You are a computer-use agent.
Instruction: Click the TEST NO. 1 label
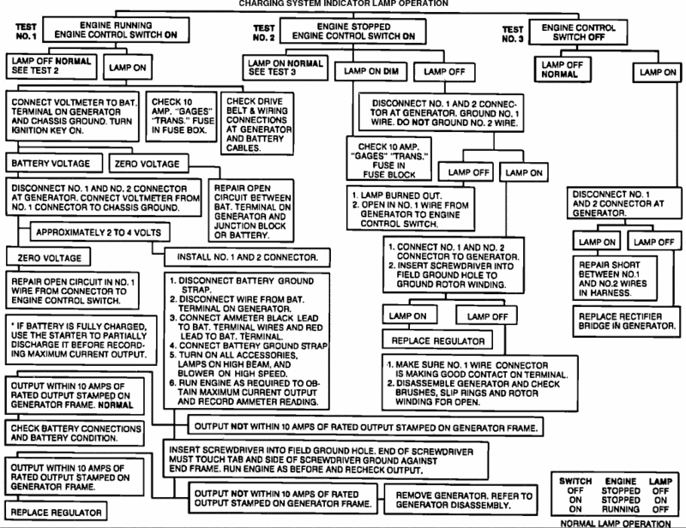coord(27,32)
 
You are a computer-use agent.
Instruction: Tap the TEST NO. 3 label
coord(513,34)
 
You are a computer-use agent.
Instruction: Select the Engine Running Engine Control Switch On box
coord(116,30)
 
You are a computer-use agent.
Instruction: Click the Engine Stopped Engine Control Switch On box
coord(353,31)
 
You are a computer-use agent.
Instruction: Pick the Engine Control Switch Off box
coord(578,32)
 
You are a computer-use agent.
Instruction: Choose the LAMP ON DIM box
coord(371,71)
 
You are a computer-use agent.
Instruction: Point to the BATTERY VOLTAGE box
coord(54,163)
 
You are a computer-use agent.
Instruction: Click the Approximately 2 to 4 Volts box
coord(99,231)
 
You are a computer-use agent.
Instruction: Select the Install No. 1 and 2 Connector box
coord(247,257)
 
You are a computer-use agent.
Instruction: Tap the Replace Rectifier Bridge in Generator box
coord(627,321)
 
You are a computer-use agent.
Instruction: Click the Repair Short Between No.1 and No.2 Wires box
coord(615,279)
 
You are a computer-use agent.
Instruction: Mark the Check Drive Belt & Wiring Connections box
coord(257,123)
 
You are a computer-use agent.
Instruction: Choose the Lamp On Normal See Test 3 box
coord(286,68)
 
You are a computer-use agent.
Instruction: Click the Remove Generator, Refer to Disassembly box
coord(460,500)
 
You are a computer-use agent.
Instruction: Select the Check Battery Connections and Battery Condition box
coord(74,433)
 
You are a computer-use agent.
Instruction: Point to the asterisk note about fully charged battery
coord(81,340)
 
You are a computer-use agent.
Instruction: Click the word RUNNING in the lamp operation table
coord(620,509)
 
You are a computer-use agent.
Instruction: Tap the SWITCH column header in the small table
coord(575,481)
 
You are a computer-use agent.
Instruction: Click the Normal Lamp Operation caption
coord(615,523)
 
